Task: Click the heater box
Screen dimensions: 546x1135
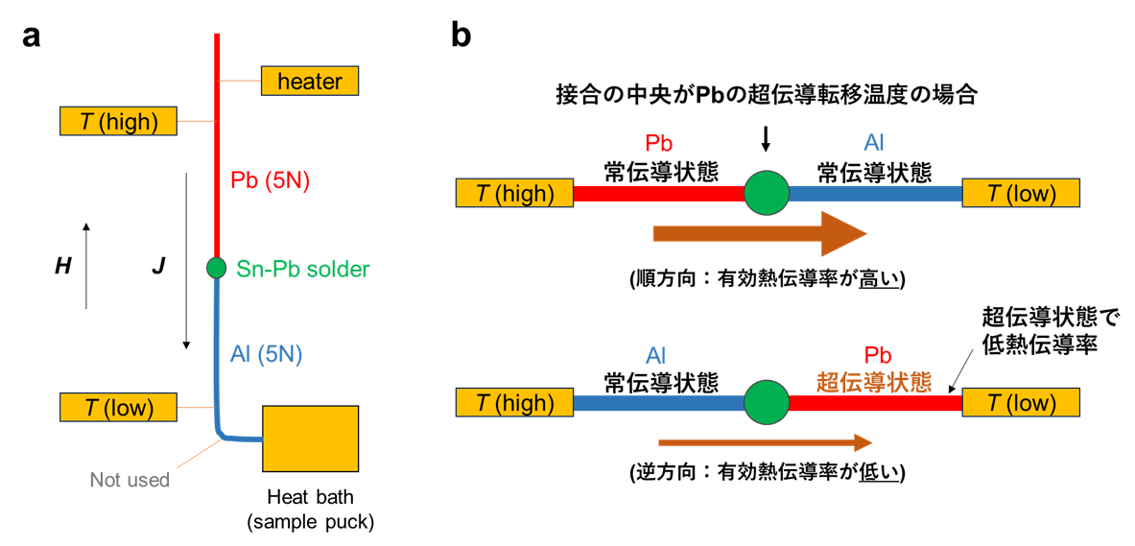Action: [x=309, y=81]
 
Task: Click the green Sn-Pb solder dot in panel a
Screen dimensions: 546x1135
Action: [x=216, y=268]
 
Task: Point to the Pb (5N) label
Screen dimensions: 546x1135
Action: [x=271, y=180]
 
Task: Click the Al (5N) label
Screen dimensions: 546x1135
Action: [x=267, y=354]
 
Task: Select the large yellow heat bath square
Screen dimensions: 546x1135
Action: [x=310, y=439]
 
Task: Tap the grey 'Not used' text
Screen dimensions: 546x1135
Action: [x=130, y=480]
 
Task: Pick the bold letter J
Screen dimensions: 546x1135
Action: [x=158, y=267]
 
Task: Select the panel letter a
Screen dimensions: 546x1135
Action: [x=32, y=36]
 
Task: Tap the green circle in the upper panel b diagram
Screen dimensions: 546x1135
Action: [x=766, y=193]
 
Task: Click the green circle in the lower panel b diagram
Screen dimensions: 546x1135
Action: [x=766, y=403]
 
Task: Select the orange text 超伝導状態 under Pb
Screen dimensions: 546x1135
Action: [x=873, y=382]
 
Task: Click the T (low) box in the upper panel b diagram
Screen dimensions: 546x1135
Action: [x=1021, y=193]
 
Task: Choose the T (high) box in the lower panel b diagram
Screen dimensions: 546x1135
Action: [x=514, y=403]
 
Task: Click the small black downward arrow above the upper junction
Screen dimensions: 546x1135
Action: [x=766, y=140]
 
